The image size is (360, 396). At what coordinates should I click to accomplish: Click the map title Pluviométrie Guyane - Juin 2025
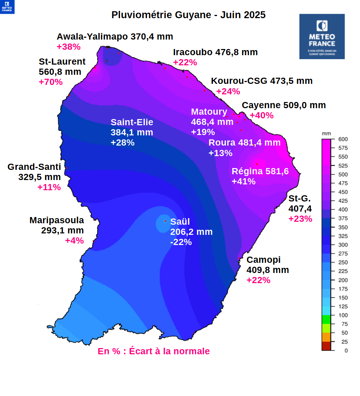click(x=188, y=15)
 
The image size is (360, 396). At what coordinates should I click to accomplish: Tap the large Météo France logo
click(x=322, y=36)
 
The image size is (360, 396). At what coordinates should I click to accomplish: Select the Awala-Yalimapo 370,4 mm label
click(x=115, y=37)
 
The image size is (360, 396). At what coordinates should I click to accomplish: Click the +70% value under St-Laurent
click(x=50, y=82)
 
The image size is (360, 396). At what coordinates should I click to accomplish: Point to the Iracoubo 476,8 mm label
click(x=215, y=52)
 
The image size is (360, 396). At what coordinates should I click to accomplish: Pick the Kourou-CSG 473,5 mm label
click(x=262, y=81)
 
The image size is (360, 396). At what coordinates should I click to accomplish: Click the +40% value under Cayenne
click(x=262, y=115)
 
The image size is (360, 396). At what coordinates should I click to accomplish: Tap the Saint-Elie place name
click(x=132, y=122)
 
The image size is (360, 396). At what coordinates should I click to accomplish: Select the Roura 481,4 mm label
click(x=244, y=143)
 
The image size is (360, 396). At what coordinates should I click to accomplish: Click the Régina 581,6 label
click(x=260, y=171)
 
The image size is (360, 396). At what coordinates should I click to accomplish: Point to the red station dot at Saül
click(x=165, y=221)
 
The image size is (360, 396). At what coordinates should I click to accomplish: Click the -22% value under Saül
click(x=181, y=242)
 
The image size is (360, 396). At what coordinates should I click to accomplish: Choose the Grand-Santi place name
click(x=34, y=167)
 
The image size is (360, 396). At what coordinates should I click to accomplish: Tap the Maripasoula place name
click(x=57, y=220)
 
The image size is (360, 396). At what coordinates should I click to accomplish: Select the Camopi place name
click(x=263, y=260)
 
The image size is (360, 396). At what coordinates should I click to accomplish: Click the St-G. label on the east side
click(x=299, y=199)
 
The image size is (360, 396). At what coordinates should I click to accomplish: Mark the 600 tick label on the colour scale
click(x=343, y=139)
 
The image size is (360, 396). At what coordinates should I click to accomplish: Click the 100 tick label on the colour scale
click(x=343, y=315)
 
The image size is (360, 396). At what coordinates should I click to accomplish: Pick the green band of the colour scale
click(x=326, y=319)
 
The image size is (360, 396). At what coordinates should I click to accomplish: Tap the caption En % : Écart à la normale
click(x=154, y=351)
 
